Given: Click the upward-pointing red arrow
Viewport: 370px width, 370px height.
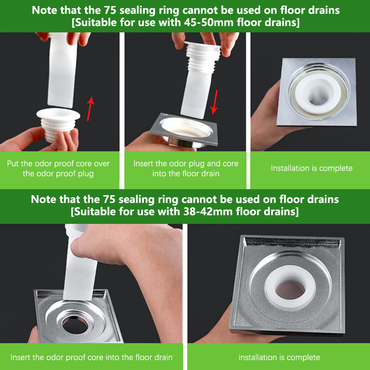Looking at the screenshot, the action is pyautogui.click(x=90, y=109).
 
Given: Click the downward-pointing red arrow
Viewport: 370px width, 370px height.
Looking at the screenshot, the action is pyautogui.click(x=214, y=102).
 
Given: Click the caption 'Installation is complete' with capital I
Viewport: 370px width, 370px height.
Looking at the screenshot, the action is pyautogui.click(x=312, y=168).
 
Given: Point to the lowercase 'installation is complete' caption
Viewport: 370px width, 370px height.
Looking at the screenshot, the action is pyautogui.click(x=279, y=357).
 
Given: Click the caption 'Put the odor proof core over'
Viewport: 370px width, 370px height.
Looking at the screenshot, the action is pyautogui.click(x=58, y=164).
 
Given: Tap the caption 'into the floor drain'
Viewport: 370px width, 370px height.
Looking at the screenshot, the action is pyautogui.click(x=186, y=174).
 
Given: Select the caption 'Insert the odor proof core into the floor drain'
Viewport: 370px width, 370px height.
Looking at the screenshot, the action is pyautogui.click(x=92, y=357).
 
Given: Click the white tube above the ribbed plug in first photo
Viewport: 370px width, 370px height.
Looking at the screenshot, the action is pyautogui.click(x=62, y=71).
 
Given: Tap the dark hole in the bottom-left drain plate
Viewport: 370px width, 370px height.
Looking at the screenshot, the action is pyautogui.click(x=75, y=325).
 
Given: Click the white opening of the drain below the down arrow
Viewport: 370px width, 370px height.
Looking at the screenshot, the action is pyautogui.click(x=186, y=128).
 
